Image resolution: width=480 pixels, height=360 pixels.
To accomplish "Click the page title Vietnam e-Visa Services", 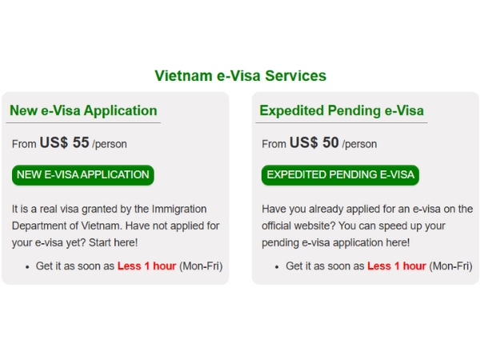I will [x=240, y=76].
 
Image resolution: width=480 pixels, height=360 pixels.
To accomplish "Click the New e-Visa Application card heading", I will [x=83, y=110].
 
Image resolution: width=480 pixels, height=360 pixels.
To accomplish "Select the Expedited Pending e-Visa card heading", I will [x=342, y=110].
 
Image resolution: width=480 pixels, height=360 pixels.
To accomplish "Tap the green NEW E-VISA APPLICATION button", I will [x=83, y=174].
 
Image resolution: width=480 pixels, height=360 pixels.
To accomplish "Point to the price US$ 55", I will [x=64, y=143].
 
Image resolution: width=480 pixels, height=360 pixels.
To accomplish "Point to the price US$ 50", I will [x=314, y=143].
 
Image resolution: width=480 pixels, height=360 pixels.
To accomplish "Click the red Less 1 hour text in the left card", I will [x=146, y=266].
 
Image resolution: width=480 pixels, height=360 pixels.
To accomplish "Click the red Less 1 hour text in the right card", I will [x=396, y=266].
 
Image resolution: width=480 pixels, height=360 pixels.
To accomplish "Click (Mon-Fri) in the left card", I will [x=201, y=266].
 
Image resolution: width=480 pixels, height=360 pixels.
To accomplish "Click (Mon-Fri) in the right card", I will [x=450, y=266].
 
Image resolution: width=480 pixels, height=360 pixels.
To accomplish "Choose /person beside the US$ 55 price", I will [x=110, y=144].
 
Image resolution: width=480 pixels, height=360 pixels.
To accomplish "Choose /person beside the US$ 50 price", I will [x=359, y=144].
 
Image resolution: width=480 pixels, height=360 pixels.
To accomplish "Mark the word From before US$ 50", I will [x=274, y=144].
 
